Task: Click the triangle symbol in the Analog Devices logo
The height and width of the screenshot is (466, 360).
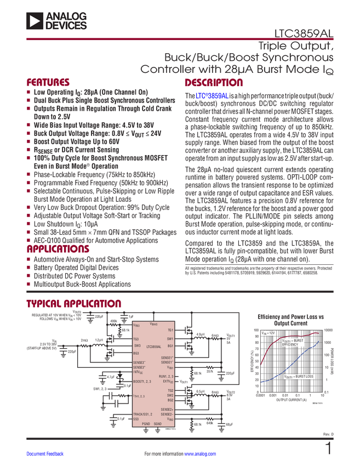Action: click(x=35, y=21)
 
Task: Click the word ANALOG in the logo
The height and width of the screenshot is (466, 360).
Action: click(x=66, y=16)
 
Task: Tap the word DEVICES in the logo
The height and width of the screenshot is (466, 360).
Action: click(x=66, y=25)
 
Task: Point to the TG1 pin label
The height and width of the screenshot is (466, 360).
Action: click(x=170, y=331)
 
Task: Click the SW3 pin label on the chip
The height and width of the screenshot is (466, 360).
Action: click(x=138, y=346)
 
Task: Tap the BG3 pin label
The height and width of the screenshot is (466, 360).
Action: click(x=137, y=354)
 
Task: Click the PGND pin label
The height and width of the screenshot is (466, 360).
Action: click(x=146, y=424)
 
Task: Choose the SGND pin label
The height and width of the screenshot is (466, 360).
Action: click(x=158, y=424)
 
